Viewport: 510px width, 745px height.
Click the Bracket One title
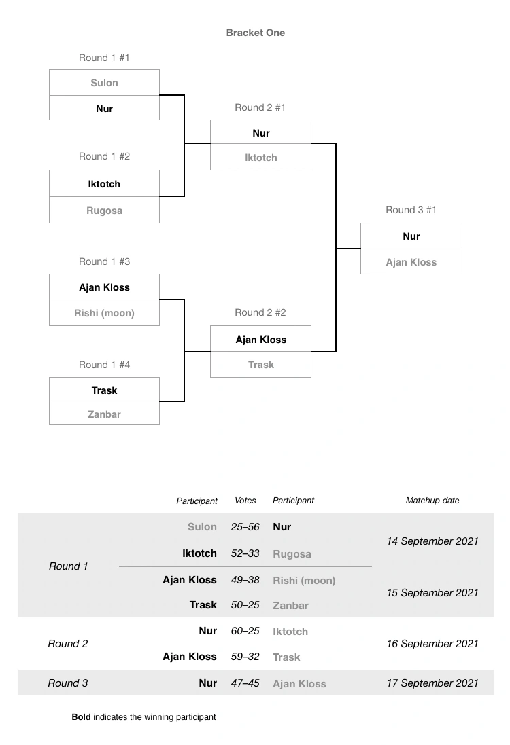click(255, 33)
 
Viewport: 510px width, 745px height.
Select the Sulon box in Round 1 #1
click(104, 83)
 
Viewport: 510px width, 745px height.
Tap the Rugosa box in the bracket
click(104, 211)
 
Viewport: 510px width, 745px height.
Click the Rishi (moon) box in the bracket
click(104, 313)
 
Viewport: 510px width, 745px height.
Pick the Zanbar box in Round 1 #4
click(104, 414)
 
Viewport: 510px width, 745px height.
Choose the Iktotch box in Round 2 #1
click(260, 158)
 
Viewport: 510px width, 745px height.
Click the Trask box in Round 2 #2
click(260, 365)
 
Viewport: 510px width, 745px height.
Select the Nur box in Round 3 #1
click(411, 236)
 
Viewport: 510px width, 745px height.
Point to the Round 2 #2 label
click(260, 312)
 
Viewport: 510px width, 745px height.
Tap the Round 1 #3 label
click(104, 261)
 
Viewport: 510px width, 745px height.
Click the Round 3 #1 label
click(411, 210)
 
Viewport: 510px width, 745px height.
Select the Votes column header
click(245, 501)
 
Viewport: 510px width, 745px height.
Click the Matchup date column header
click(432, 501)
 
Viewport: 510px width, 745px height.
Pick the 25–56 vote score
click(245, 527)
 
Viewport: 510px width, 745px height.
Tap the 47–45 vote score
click(245, 683)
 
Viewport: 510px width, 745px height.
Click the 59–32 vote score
click(245, 657)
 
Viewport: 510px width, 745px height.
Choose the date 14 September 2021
click(432, 541)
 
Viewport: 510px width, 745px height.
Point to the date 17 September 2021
click(432, 683)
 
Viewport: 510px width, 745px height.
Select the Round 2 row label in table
click(68, 644)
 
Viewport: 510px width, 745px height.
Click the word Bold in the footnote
click(81, 717)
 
